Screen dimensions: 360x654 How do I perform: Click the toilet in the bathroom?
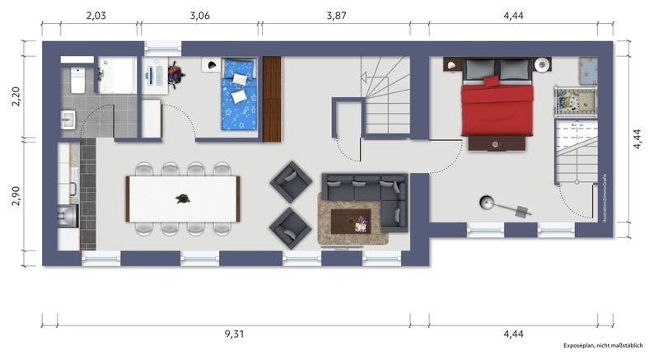[x=76, y=81]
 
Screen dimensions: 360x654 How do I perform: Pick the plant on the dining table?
[x=181, y=199]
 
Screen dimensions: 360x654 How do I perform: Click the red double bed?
[x=497, y=103]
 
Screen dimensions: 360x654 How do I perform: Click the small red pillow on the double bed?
[x=492, y=81]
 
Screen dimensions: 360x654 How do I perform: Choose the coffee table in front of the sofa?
[x=350, y=221]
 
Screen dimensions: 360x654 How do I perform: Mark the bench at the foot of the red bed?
[x=497, y=143]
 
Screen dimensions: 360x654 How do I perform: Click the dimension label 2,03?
[x=96, y=15]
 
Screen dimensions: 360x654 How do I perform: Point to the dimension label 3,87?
[x=338, y=15]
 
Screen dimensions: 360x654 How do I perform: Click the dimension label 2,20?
[x=15, y=98]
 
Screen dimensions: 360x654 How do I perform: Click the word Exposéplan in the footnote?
[x=585, y=347]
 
